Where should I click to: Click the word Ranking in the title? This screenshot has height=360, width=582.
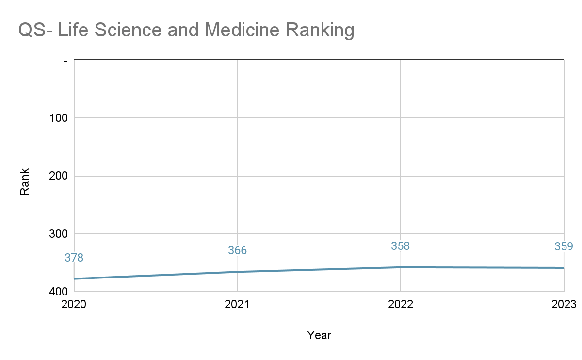pyautogui.click(x=320, y=31)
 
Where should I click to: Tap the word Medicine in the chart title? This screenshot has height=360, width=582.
pyautogui.click(x=242, y=30)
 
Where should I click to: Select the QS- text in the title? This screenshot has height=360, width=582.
pyautogui.click(x=35, y=30)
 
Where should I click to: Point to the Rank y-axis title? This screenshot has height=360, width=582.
pyautogui.click(x=25, y=181)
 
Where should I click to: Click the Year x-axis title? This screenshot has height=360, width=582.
pyautogui.click(x=319, y=335)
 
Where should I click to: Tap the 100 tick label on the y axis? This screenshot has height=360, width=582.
pyautogui.click(x=59, y=118)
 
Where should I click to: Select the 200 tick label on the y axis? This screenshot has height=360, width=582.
pyautogui.click(x=59, y=176)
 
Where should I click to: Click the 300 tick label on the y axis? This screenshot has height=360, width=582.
pyautogui.click(x=59, y=234)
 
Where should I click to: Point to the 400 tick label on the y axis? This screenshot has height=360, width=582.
pyautogui.click(x=59, y=292)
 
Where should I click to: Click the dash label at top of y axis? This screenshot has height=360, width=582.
pyautogui.click(x=66, y=61)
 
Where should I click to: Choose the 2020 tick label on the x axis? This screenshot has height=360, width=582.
pyautogui.click(x=74, y=304)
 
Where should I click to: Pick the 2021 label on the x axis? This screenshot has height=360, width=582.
pyautogui.click(x=237, y=304)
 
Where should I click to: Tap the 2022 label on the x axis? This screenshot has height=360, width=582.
pyautogui.click(x=401, y=304)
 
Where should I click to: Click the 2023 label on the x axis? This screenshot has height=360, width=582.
pyautogui.click(x=564, y=304)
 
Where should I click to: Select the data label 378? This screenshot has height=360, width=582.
pyautogui.click(x=74, y=258)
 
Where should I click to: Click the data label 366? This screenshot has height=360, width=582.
pyautogui.click(x=238, y=250)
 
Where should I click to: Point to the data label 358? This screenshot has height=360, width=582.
pyautogui.click(x=401, y=246)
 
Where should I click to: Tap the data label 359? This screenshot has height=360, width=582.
pyautogui.click(x=564, y=246)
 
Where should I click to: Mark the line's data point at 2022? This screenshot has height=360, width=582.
pyautogui.click(x=400, y=267)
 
